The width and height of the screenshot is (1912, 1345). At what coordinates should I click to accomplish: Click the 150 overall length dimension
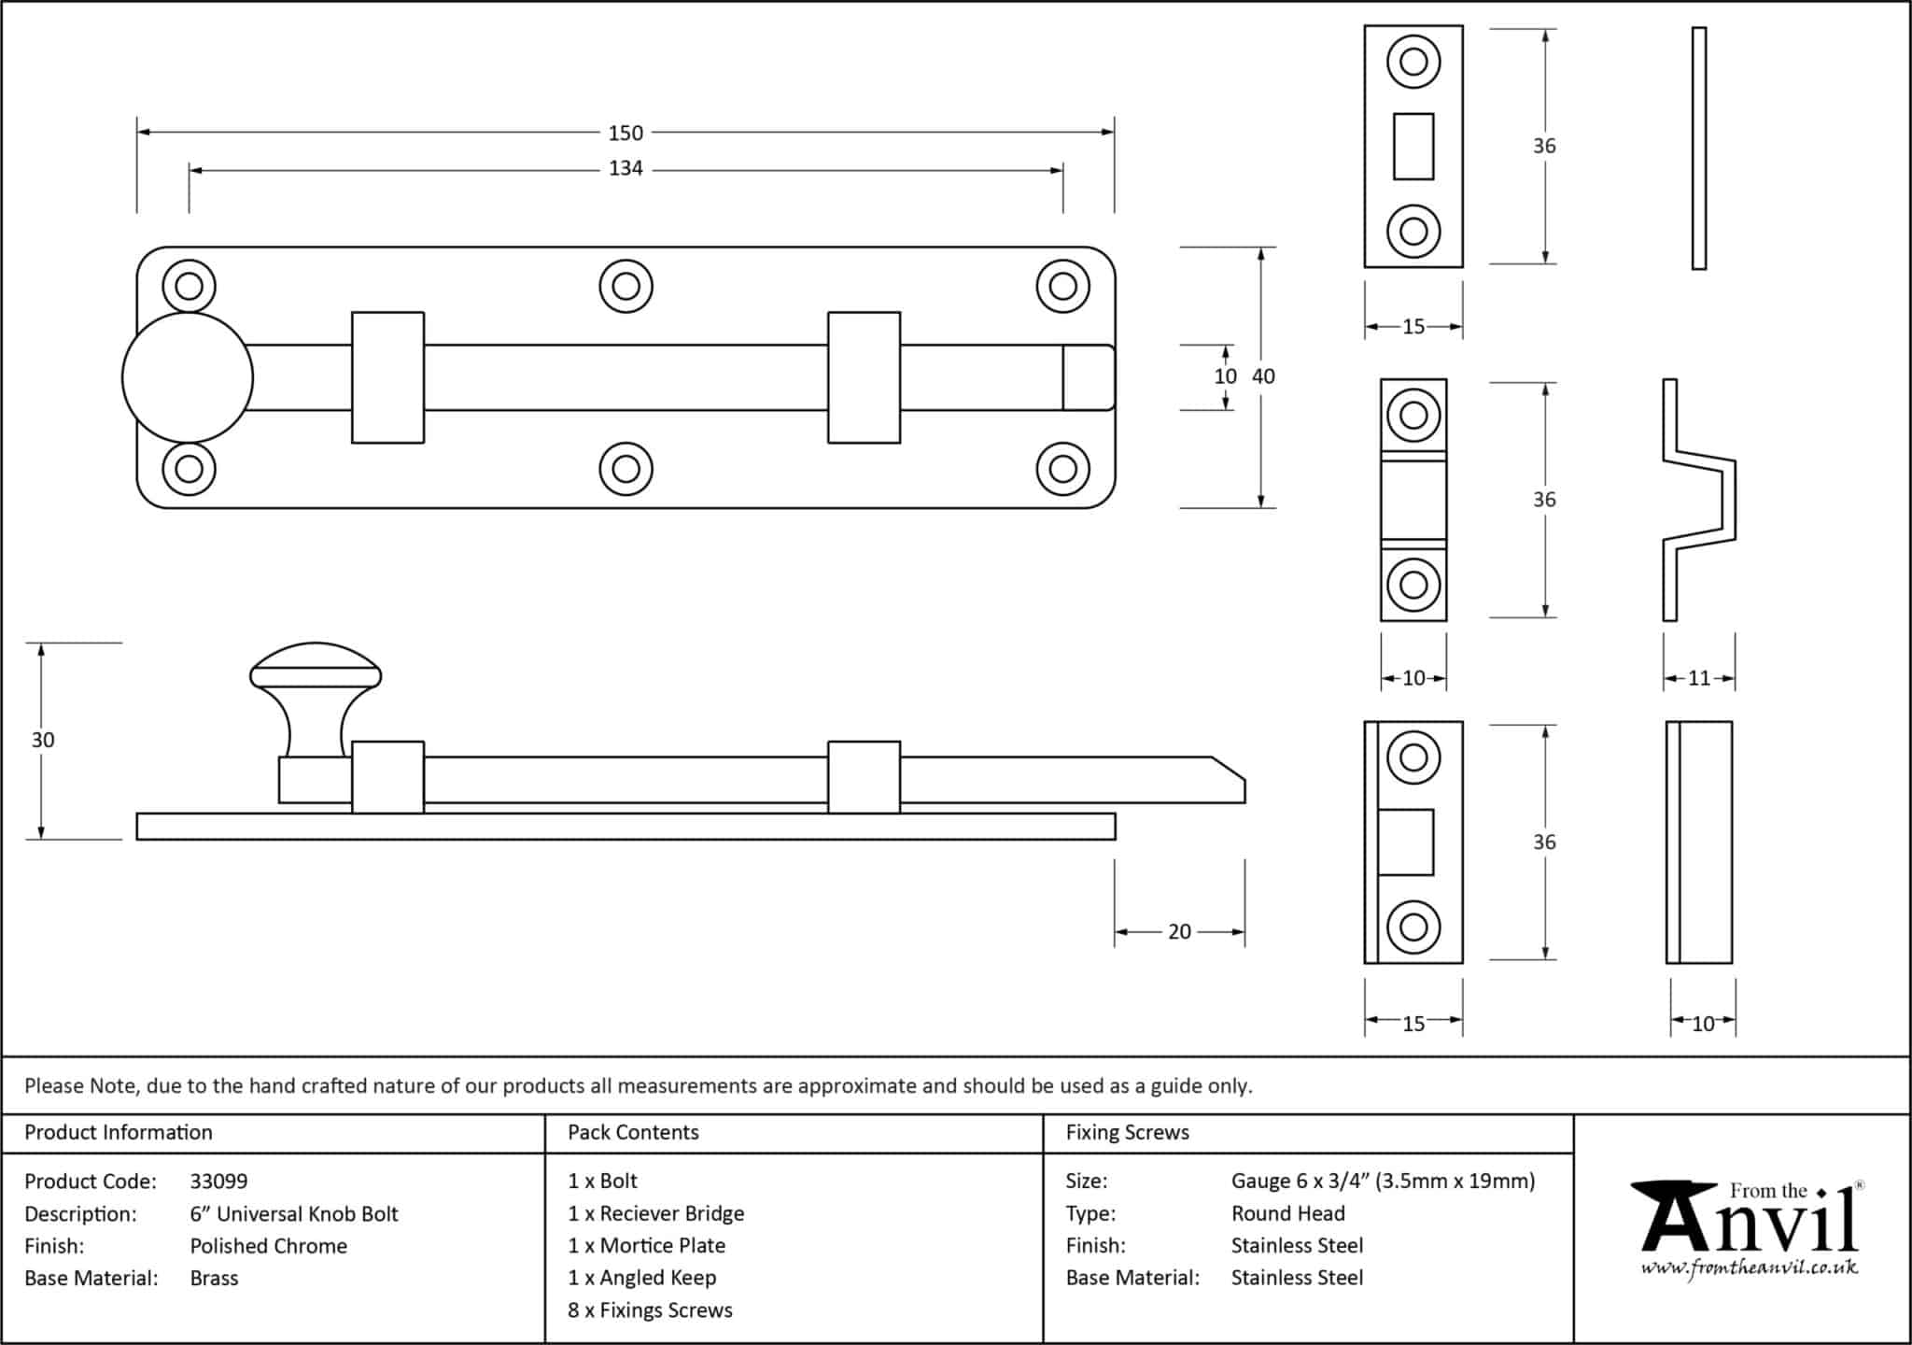(x=626, y=134)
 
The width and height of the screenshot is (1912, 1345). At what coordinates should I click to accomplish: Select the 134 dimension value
(x=626, y=169)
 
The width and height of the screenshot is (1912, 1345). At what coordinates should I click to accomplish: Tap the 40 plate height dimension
(x=1263, y=376)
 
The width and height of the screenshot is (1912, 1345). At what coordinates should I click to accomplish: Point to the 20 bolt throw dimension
(x=1179, y=932)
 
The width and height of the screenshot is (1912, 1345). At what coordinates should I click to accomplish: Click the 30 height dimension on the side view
(x=43, y=741)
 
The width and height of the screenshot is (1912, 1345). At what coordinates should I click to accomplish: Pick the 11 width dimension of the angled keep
(x=1699, y=679)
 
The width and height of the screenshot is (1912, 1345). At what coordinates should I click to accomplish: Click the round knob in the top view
(x=188, y=377)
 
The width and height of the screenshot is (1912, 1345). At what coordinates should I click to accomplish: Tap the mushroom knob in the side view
(x=316, y=696)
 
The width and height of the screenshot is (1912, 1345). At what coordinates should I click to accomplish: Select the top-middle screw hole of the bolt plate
(x=626, y=286)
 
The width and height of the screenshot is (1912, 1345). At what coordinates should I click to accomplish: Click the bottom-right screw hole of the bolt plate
(x=1062, y=468)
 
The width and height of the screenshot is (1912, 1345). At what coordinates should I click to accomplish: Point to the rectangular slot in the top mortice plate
(x=1413, y=147)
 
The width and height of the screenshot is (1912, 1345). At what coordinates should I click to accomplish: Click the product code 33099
(x=218, y=1182)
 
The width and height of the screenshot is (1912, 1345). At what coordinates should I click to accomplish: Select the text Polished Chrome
(x=268, y=1246)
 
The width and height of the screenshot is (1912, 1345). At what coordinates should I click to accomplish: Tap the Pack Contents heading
(x=633, y=1133)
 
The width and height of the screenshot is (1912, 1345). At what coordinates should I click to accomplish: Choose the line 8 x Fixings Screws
(x=650, y=1310)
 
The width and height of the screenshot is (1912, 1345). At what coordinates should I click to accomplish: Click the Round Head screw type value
(x=1287, y=1213)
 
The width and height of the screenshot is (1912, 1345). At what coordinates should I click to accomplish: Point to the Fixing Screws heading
(x=1127, y=1133)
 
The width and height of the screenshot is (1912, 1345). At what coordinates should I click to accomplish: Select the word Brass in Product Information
(x=214, y=1279)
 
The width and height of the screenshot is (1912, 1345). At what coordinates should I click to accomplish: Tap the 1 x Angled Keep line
(x=641, y=1278)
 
